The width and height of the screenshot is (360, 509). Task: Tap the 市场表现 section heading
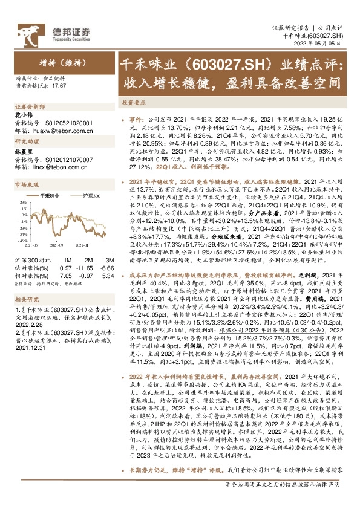tap(27, 183)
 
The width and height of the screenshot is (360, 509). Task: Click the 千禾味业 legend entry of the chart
tap(48, 196)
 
